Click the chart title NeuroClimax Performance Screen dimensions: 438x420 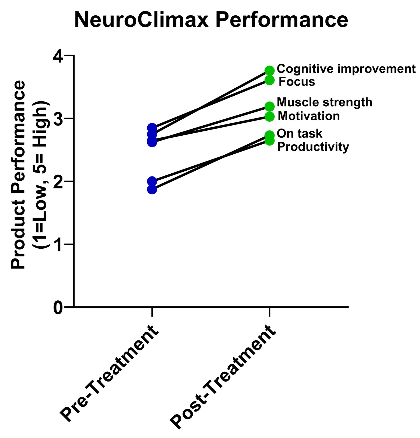(211, 20)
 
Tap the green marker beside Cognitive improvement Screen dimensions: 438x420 (269, 71)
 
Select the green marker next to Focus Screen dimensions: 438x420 (269, 80)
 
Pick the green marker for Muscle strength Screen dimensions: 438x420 (269, 107)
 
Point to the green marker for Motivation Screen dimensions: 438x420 (269, 117)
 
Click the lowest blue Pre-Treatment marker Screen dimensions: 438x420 (152, 189)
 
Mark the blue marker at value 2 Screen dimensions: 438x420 (152, 181)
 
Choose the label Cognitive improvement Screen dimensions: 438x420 (346, 69)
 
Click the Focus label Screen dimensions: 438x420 (297, 82)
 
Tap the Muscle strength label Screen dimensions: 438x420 (325, 102)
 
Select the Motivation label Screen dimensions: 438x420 (309, 116)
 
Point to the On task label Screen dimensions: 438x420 (299, 134)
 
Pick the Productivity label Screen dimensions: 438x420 (313, 147)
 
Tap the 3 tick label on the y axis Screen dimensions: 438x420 (58, 119)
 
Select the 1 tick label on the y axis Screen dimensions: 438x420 (58, 245)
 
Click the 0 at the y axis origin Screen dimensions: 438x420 (58, 308)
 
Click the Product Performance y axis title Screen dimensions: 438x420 (18, 175)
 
